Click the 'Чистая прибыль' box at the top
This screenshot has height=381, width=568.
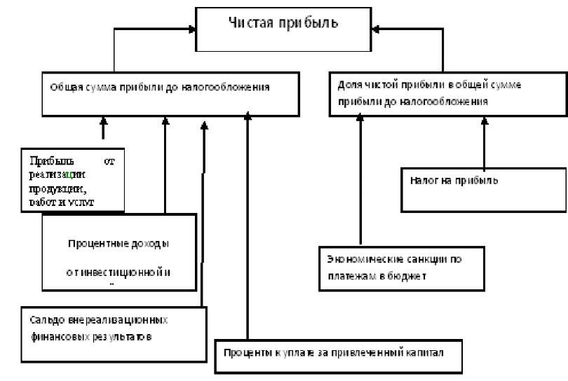283,29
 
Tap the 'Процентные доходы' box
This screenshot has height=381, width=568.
119,252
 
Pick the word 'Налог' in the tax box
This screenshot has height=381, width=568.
424,180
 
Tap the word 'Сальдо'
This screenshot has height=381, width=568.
43,320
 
